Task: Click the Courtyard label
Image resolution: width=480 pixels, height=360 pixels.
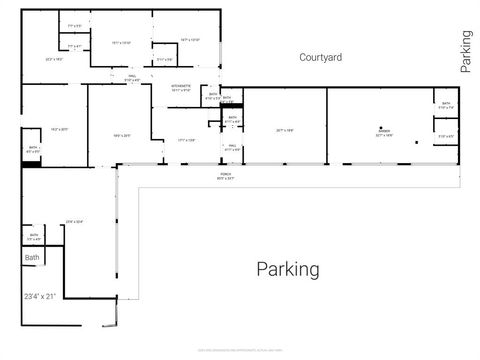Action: click(321, 58)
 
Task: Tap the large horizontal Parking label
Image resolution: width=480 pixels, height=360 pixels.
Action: click(288, 269)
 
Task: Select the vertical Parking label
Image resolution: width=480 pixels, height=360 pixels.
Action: click(465, 52)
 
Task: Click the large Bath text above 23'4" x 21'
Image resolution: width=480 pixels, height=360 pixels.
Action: click(32, 258)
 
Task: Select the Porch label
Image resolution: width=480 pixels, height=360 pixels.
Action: click(226, 177)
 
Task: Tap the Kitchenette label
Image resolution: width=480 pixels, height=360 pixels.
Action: click(181, 89)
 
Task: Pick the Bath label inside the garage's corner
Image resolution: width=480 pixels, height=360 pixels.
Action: click(445, 105)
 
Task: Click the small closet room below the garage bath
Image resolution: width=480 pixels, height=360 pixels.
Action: click(445, 137)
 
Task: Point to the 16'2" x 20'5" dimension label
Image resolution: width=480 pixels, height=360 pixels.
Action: click(58, 130)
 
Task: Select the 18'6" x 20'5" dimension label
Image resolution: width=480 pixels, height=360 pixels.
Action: click(122, 135)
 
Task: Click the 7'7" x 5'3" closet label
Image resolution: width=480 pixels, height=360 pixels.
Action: click(73, 26)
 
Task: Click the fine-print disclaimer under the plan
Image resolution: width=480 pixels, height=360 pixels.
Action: click(239, 350)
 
